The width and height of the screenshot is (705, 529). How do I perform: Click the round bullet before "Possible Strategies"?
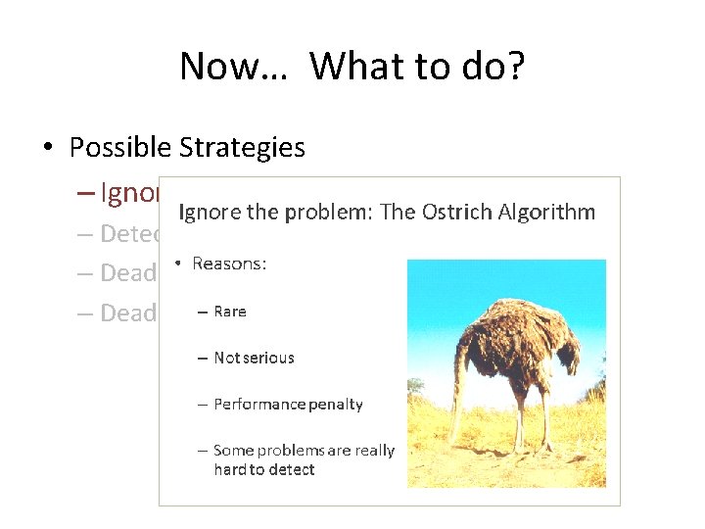click(x=47, y=148)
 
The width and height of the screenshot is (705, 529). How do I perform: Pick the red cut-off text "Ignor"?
click(x=128, y=193)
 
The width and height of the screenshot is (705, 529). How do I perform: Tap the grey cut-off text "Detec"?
click(x=128, y=233)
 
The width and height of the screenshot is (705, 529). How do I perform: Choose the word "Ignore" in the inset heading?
click(x=211, y=213)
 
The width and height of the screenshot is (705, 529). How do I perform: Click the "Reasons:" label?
click(x=229, y=264)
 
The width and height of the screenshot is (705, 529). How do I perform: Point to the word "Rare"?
click(x=230, y=312)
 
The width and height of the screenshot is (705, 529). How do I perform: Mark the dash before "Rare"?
click(x=202, y=312)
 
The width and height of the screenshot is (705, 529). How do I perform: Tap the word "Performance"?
click(x=259, y=404)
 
